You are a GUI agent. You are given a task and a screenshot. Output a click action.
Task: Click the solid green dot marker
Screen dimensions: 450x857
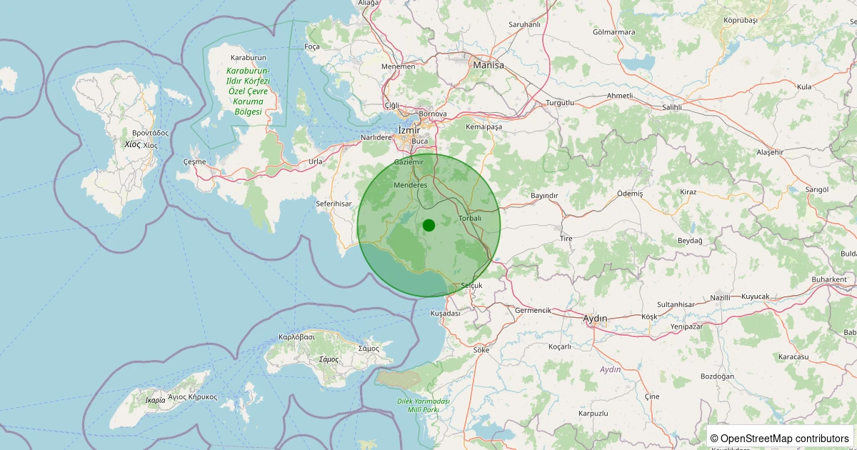point(428,226)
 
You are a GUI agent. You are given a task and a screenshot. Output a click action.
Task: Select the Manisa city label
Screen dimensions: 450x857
point(488,65)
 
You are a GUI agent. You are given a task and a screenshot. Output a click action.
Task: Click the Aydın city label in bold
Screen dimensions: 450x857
point(595,318)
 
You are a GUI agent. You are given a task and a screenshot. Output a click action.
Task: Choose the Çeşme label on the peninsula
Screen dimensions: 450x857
point(194,161)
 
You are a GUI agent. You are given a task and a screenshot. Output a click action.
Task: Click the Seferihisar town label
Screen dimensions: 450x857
point(334,204)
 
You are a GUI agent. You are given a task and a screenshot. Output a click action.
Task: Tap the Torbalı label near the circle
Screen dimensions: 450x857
point(470,218)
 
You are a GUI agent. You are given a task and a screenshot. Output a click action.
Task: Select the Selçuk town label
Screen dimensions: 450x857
point(472,286)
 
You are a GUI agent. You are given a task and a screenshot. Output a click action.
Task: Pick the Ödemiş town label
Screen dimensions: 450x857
point(630,194)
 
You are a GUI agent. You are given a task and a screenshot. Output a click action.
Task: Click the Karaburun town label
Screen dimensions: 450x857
point(249,57)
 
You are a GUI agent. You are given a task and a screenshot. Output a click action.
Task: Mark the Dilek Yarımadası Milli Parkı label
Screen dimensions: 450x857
point(424,406)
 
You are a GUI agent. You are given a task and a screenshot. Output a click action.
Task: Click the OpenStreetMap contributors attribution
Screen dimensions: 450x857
point(780,438)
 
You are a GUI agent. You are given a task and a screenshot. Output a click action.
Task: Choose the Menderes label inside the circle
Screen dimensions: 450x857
point(411,185)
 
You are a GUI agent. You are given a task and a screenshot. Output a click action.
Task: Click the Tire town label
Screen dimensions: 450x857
point(566,238)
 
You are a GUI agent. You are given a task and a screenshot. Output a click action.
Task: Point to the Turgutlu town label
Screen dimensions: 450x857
point(560,103)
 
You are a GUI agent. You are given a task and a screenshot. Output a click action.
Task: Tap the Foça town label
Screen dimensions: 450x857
point(312,47)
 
